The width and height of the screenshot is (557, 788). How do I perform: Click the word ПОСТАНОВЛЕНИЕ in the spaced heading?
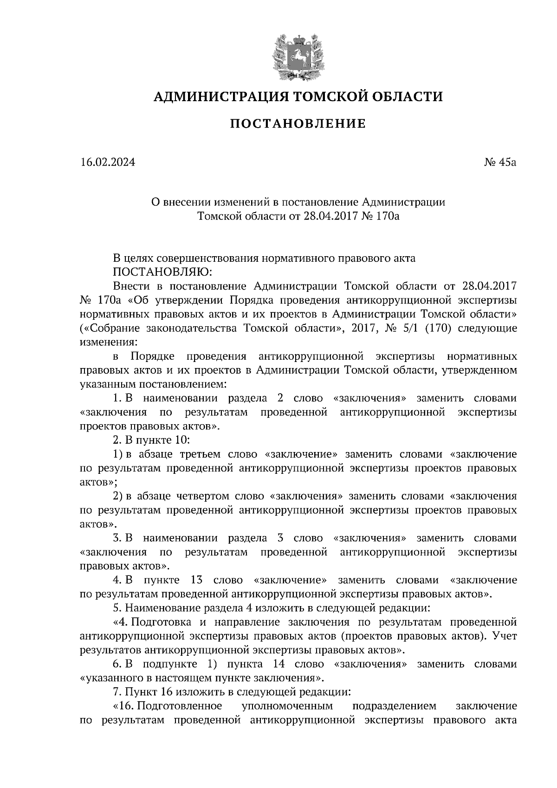[x=298, y=124]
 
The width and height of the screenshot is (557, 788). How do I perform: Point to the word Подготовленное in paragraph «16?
[x=179, y=706]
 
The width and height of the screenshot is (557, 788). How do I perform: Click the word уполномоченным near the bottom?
[x=288, y=706]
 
